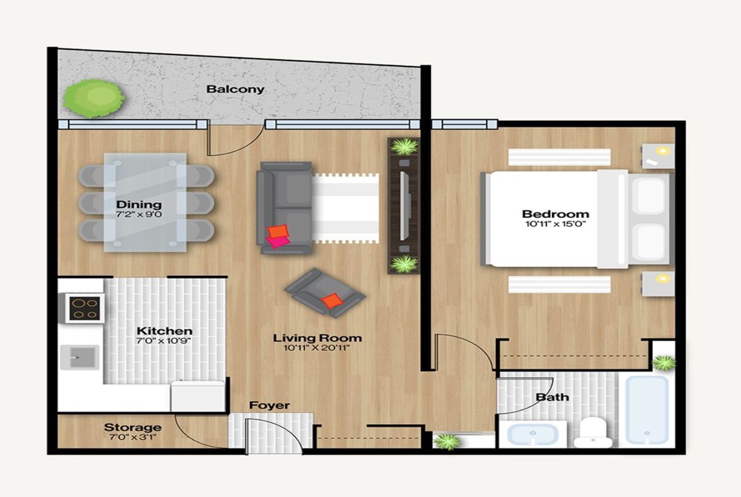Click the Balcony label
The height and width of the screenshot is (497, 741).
coord(235,90)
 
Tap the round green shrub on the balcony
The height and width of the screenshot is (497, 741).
coord(94,99)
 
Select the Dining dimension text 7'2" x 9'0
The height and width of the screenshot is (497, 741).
coord(139,214)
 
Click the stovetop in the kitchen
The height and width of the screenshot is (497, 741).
coord(85,308)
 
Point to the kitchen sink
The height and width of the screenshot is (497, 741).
coord(80,357)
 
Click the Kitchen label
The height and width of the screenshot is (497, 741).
coord(164,331)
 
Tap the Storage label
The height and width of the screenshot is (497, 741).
coord(133,427)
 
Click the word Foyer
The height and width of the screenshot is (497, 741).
coord(269,406)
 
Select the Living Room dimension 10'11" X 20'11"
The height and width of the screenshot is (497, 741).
coord(317,348)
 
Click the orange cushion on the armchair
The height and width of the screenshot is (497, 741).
coord(332,301)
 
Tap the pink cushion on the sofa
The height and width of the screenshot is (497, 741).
coord(277,242)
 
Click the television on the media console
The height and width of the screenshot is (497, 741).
coord(405,206)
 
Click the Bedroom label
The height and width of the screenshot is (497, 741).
coord(555,214)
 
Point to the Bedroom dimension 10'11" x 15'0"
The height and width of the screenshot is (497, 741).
coord(555,224)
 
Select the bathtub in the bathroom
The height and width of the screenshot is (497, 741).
coord(647,410)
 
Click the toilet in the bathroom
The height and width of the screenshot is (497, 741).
coord(593,433)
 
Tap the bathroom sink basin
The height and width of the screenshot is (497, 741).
coord(532,434)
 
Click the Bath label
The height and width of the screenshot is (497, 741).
coord(552,397)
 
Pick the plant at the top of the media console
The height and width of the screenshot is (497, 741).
coord(404,146)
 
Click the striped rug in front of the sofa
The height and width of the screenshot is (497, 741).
coord(345,209)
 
